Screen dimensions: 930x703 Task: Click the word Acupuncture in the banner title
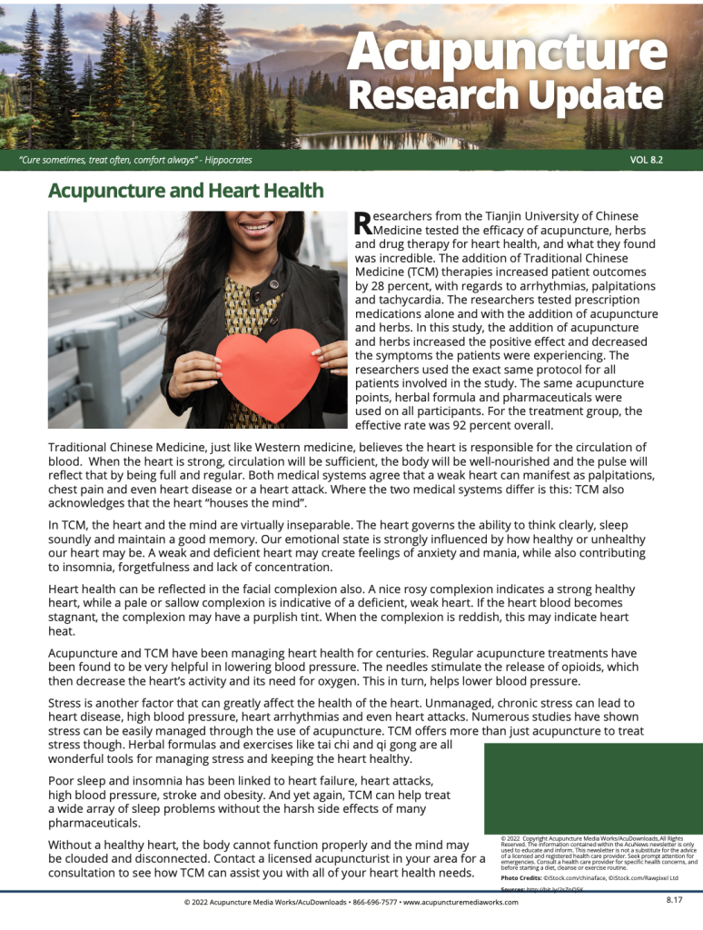coord(506,53)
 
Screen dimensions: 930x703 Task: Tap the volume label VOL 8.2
coord(646,160)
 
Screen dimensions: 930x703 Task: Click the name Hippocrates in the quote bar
coord(228,160)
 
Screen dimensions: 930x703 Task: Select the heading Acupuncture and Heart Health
coord(185,191)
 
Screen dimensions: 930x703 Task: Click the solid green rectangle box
coord(592,787)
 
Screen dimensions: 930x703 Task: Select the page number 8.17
coord(674,900)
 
